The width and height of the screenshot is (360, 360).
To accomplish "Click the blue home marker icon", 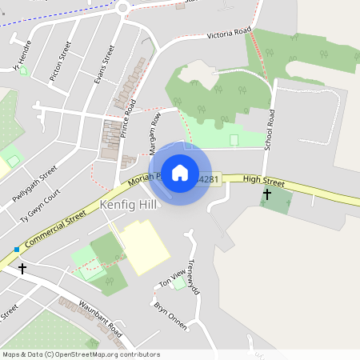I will [180, 173].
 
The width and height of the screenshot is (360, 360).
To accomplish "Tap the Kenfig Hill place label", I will [130, 206].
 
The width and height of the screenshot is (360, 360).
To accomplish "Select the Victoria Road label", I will [229, 34].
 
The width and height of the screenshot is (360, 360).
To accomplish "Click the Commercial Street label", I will [54, 230].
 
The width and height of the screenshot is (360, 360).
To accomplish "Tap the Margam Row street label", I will [155, 132].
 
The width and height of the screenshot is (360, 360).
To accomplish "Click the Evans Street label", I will [104, 63].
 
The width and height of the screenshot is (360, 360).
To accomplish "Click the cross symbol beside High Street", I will [267, 194].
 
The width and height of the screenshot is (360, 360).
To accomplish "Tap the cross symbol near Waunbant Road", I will [22, 269].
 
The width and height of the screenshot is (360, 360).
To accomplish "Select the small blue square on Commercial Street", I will [16, 250].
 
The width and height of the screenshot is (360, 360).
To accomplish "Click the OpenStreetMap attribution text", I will [81, 354].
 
